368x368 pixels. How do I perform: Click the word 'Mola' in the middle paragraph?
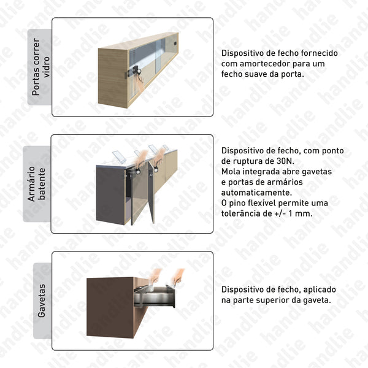[x=231, y=172]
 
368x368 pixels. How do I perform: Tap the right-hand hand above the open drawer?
[x=178, y=277]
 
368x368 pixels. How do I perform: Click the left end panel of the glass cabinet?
[x=113, y=76]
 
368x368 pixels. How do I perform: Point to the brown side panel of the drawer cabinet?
[x=110, y=305]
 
